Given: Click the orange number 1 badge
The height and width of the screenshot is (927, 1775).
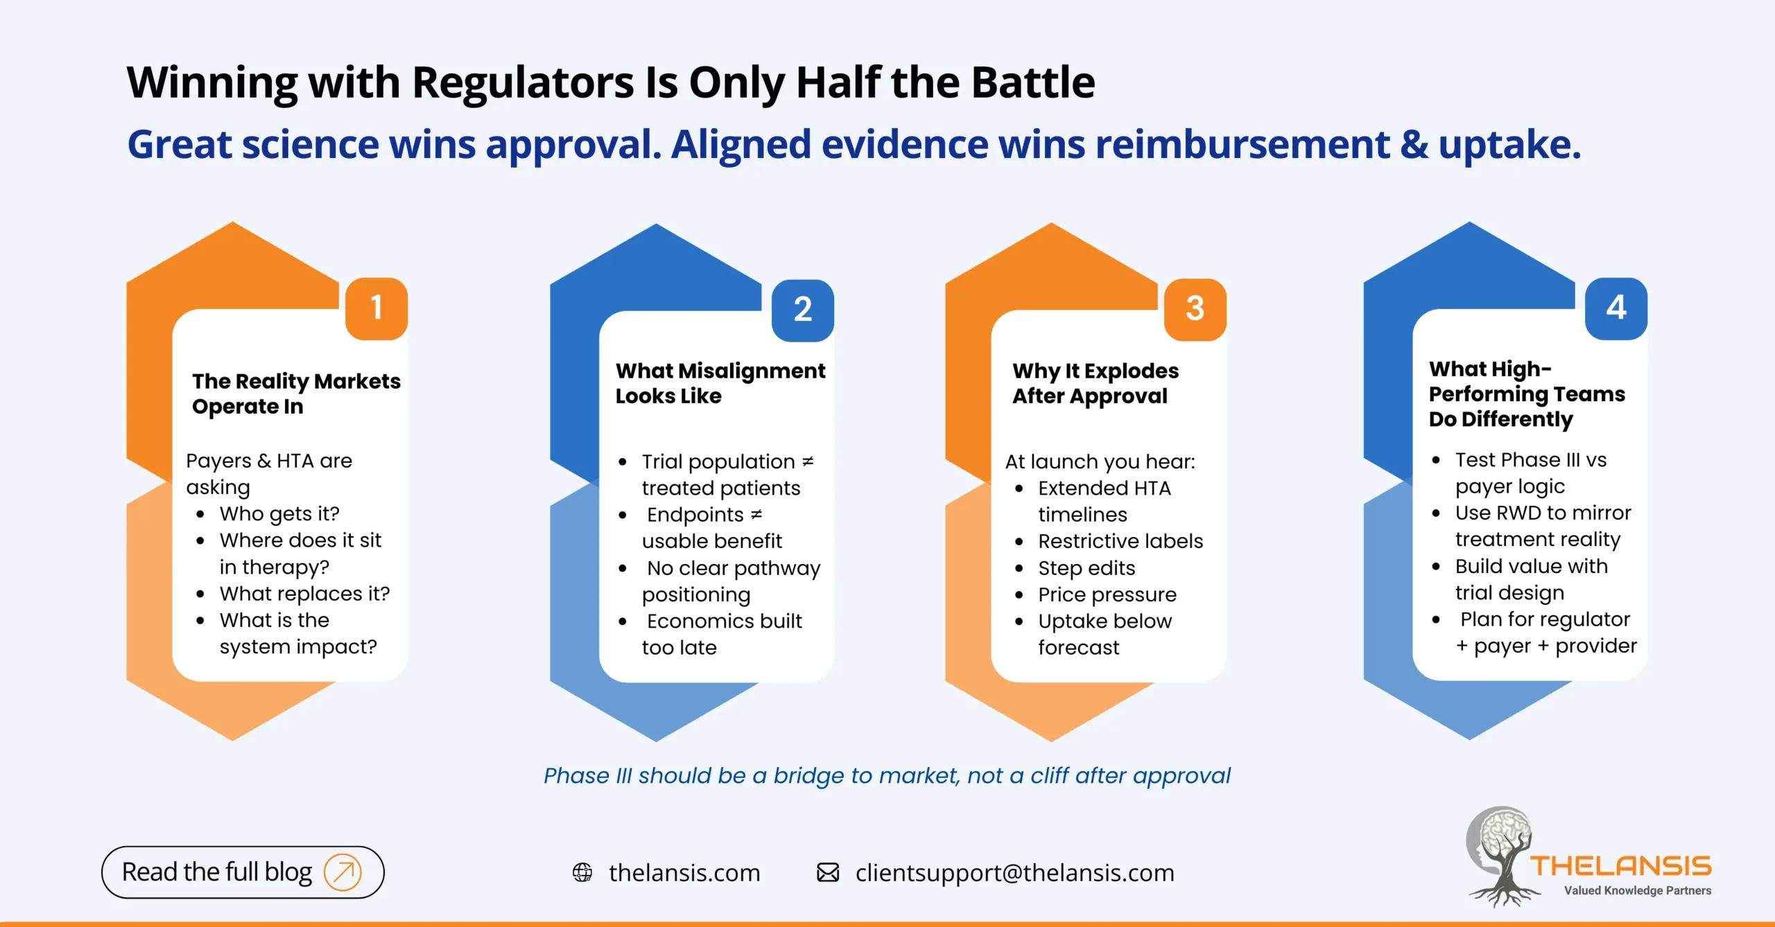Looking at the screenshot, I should [376, 308].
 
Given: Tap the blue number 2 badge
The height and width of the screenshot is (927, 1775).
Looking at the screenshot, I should [802, 310].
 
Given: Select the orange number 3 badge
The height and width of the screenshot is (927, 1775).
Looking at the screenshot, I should [1195, 309].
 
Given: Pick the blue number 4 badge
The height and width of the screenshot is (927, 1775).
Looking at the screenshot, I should [1616, 308].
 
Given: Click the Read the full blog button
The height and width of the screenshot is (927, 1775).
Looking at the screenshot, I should [243, 872].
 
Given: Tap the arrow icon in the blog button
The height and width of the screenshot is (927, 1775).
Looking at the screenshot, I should [343, 872].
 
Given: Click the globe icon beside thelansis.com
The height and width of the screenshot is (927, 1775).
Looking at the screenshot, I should [582, 872].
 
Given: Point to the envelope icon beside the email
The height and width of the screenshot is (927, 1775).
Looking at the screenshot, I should [828, 872].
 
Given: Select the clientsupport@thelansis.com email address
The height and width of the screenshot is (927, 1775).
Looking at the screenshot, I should [1014, 873].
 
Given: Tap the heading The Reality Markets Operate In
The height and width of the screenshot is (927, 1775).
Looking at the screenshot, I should [296, 394].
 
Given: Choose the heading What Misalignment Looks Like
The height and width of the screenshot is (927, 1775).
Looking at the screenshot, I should [720, 383].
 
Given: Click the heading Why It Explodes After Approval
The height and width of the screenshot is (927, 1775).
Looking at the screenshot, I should [1095, 383].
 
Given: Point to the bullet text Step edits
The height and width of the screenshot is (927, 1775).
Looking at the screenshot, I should [1086, 568].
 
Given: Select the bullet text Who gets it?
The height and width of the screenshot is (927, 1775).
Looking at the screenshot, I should [279, 514].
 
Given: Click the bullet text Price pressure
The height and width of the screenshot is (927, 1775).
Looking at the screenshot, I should [1107, 594].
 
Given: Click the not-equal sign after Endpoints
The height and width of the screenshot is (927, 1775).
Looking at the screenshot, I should [756, 515].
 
